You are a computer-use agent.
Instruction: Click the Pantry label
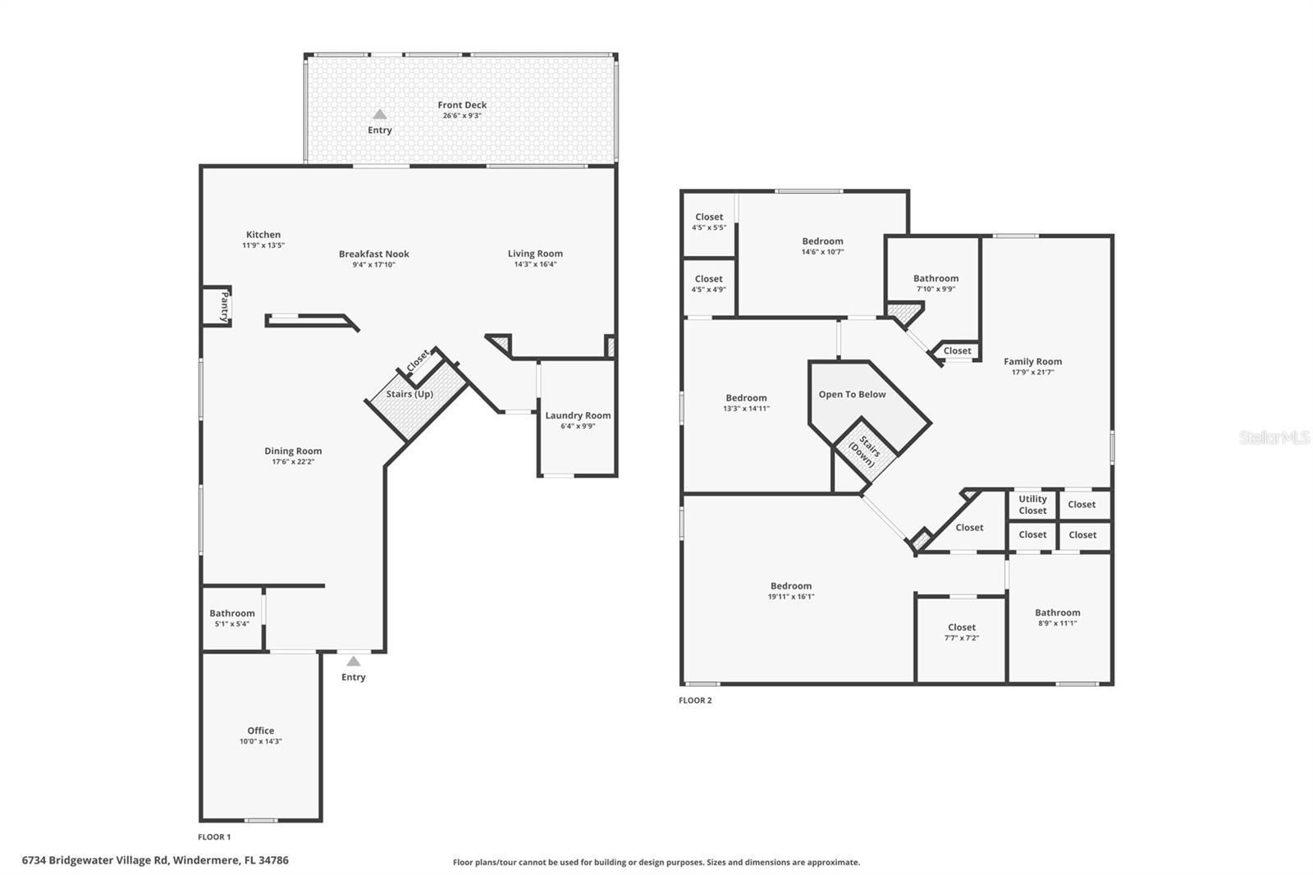[x=224, y=306]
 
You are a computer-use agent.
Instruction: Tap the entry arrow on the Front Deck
[x=380, y=114]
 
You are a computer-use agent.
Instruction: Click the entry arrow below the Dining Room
[x=353, y=662]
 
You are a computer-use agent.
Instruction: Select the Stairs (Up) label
[x=409, y=394]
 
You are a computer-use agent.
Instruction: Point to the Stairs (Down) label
[x=865, y=452]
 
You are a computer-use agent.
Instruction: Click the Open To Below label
[x=853, y=395]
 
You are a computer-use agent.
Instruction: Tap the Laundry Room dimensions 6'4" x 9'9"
[x=578, y=426]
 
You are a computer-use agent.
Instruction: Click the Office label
[x=261, y=731]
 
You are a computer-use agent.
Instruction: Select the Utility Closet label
[x=1032, y=505]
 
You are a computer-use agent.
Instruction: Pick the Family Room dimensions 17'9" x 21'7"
[x=1033, y=373]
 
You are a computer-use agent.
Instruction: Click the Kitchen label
[x=263, y=235]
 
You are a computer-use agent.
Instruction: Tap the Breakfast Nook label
[x=374, y=254]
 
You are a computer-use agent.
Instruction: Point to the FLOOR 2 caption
[x=695, y=700]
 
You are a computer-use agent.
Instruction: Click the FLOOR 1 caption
[x=214, y=837]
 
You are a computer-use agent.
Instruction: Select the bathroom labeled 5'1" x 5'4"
[x=232, y=618]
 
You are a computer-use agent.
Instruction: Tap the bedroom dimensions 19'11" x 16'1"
[x=791, y=597]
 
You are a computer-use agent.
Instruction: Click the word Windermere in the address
[x=206, y=860]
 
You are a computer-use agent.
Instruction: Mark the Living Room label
[x=535, y=254]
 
